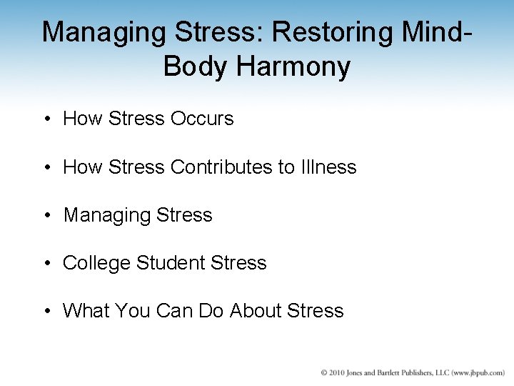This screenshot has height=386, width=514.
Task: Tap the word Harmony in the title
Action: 295,66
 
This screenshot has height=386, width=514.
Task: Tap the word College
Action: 96,263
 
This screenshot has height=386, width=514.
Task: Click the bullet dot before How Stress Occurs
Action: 46,119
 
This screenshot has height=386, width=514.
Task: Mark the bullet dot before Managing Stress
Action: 46,215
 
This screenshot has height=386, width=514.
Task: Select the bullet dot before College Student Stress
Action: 46,264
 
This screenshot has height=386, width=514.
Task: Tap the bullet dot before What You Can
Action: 46,312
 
